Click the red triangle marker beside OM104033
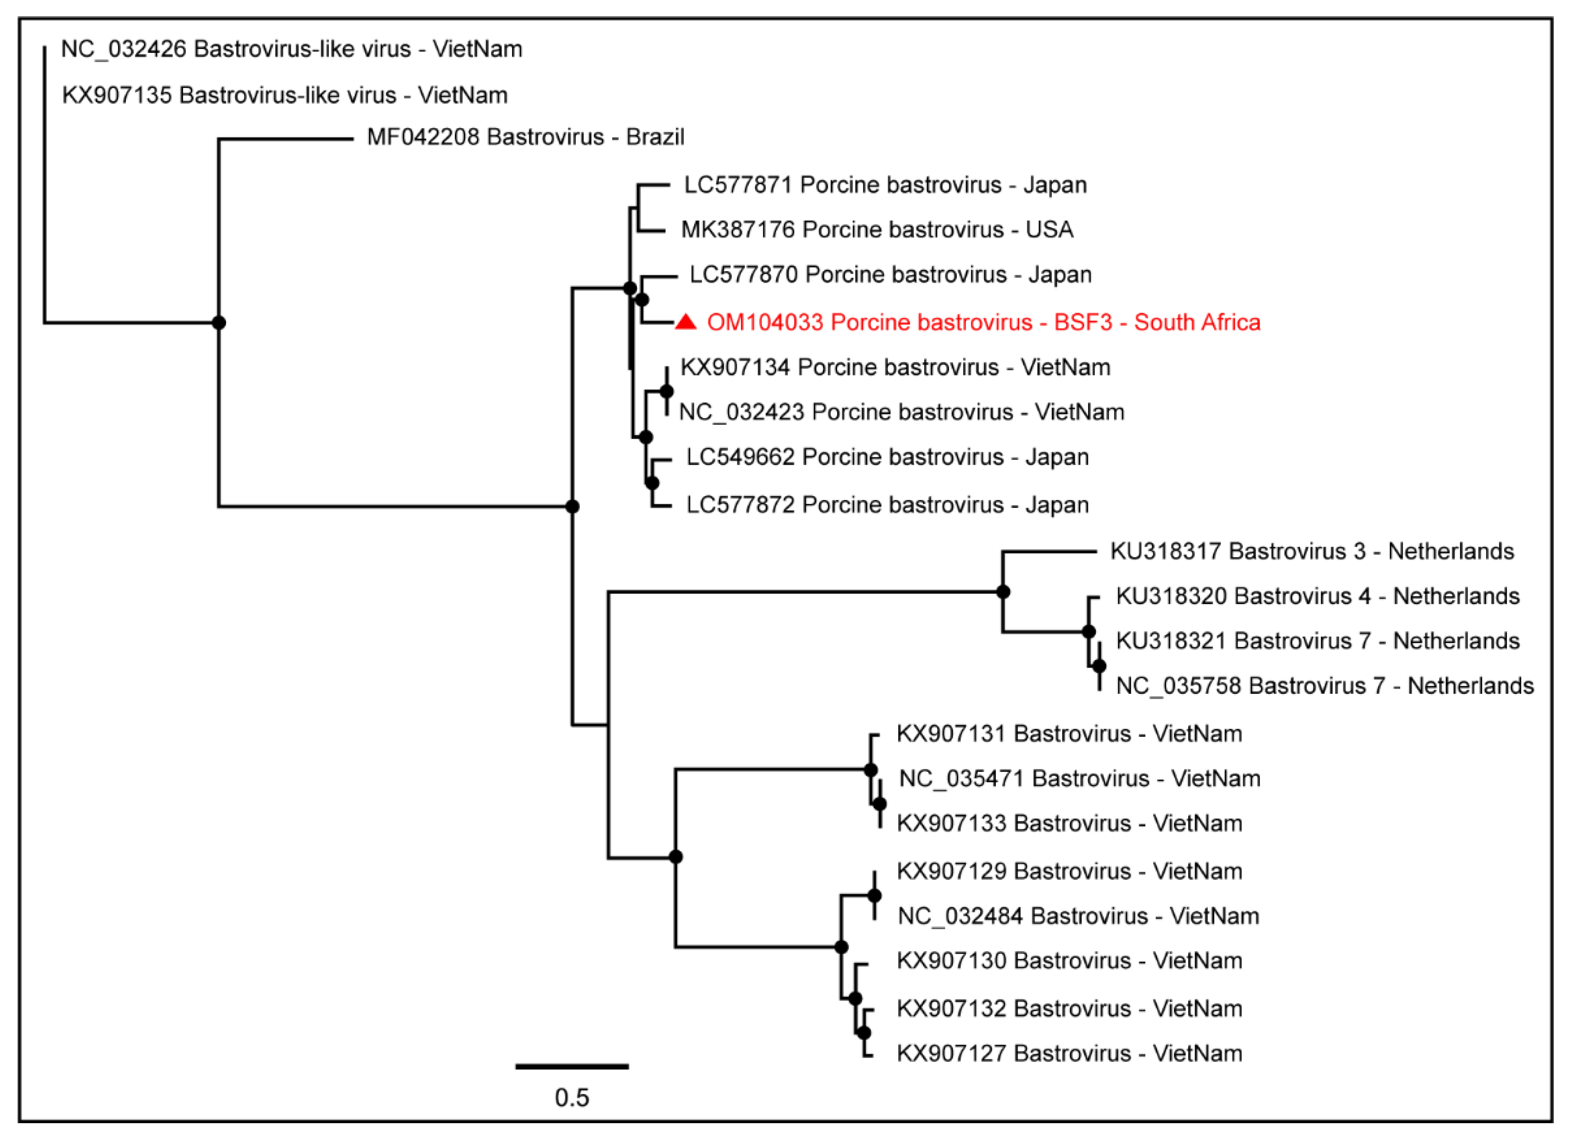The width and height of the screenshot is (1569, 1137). pyautogui.click(x=685, y=322)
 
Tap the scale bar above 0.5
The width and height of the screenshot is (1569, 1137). pyautogui.click(x=572, y=1066)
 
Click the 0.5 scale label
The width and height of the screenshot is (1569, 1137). pyautogui.click(x=572, y=1097)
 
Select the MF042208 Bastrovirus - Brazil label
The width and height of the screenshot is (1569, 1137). pyautogui.click(x=525, y=137)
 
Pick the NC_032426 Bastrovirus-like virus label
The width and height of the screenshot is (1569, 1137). pyautogui.click(x=291, y=49)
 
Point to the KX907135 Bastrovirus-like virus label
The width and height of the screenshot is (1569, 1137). pyautogui.click(x=284, y=95)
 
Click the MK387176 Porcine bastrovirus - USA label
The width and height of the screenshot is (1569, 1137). pyautogui.click(x=876, y=230)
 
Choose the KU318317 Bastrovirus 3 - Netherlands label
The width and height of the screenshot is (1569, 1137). pyautogui.click(x=1312, y=551)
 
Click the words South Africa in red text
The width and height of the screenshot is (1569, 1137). pyautogui.click(x=1197, y=322)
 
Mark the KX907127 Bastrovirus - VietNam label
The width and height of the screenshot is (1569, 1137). pyautogui.click(x=1069, y=1053)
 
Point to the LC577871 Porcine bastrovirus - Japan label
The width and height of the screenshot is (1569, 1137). pyautogui.click(x=885, y=185)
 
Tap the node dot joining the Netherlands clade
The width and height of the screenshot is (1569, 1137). pyautogui.click(x=1003, y=592)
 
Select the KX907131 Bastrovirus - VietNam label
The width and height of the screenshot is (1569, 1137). pyautogui.click(x=1069, y=734)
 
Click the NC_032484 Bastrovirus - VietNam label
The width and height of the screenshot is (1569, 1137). pyautogui.click(x=1078, y=916)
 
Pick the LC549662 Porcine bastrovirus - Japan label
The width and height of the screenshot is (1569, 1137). pyautogui.click(x=887, y=457)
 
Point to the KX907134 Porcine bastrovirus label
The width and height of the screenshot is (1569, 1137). pyautogui.click(x=895, y=367)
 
